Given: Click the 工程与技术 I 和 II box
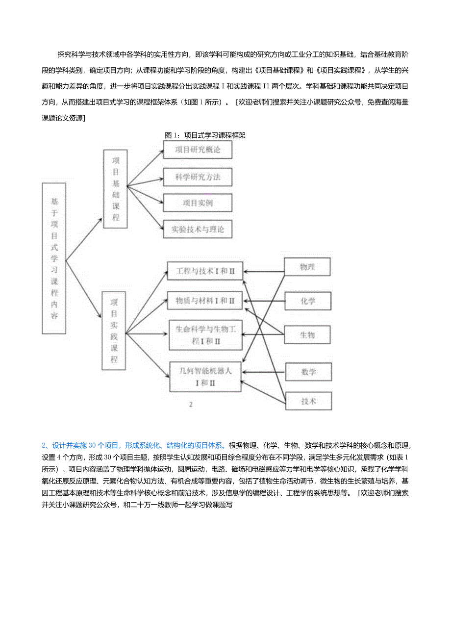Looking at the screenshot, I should (x=205, y=270).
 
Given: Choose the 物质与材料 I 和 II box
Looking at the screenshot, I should (x=205, y=300).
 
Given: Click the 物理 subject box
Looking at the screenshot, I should (x=308, y=267).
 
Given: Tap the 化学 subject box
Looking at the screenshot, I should (x=308, y=301).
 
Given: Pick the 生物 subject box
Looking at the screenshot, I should (x=308, y=335).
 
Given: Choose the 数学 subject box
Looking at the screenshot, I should (x=308, y=372).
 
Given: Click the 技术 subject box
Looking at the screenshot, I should (x=308, y=401).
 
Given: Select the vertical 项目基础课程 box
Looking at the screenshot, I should (x=116, y=189).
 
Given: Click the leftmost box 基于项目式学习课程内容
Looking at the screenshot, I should (x=54, y=258).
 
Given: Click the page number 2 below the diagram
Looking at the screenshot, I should (x=191, y=405).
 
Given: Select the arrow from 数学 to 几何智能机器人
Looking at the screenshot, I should (x=264, y=372).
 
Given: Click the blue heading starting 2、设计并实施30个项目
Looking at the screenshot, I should (x=133, y=445).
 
